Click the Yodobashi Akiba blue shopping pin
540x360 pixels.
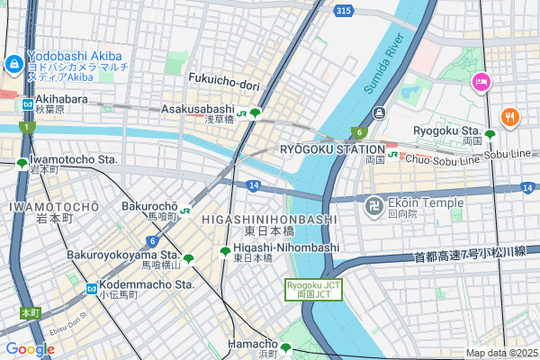pos(14,65)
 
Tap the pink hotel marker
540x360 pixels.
pos(481,82)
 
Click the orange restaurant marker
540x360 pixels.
pos(510,117)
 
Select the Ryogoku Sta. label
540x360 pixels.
pos(446,130)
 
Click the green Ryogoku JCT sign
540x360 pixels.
pos(314,290)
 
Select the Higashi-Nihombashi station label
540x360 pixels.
pos(285,247)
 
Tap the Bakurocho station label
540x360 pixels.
pos(148,206)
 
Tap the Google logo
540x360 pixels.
pos(30,349)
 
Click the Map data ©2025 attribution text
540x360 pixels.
pos(500,353)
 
